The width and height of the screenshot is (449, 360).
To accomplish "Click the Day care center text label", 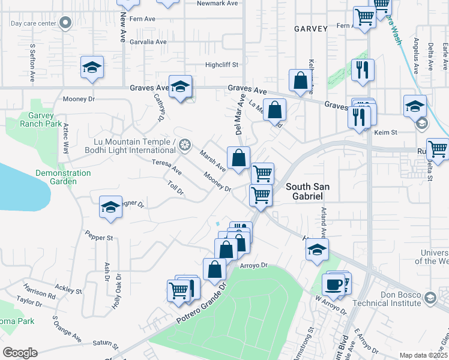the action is tap(34, 24).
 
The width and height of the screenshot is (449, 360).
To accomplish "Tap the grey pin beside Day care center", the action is tap(66, 24).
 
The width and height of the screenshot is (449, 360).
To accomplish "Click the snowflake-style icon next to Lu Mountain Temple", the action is tap(185, 145).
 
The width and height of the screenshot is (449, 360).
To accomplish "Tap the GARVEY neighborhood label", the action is tap(311, 29).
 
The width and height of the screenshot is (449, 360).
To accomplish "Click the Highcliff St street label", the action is tap(222, 65).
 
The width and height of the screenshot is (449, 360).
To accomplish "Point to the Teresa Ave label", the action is tap(166, 167).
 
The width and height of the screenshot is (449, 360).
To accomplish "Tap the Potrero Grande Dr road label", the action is tap(202, 303).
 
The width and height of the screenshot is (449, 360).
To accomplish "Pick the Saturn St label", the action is tap(106, 344).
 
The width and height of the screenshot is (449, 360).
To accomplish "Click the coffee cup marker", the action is tap(333, 284).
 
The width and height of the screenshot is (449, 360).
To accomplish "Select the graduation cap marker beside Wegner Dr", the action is tap(110, 207).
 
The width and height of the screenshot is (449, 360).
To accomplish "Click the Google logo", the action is tap(20, 353).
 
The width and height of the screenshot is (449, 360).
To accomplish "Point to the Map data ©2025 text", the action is tap(423, 355).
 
